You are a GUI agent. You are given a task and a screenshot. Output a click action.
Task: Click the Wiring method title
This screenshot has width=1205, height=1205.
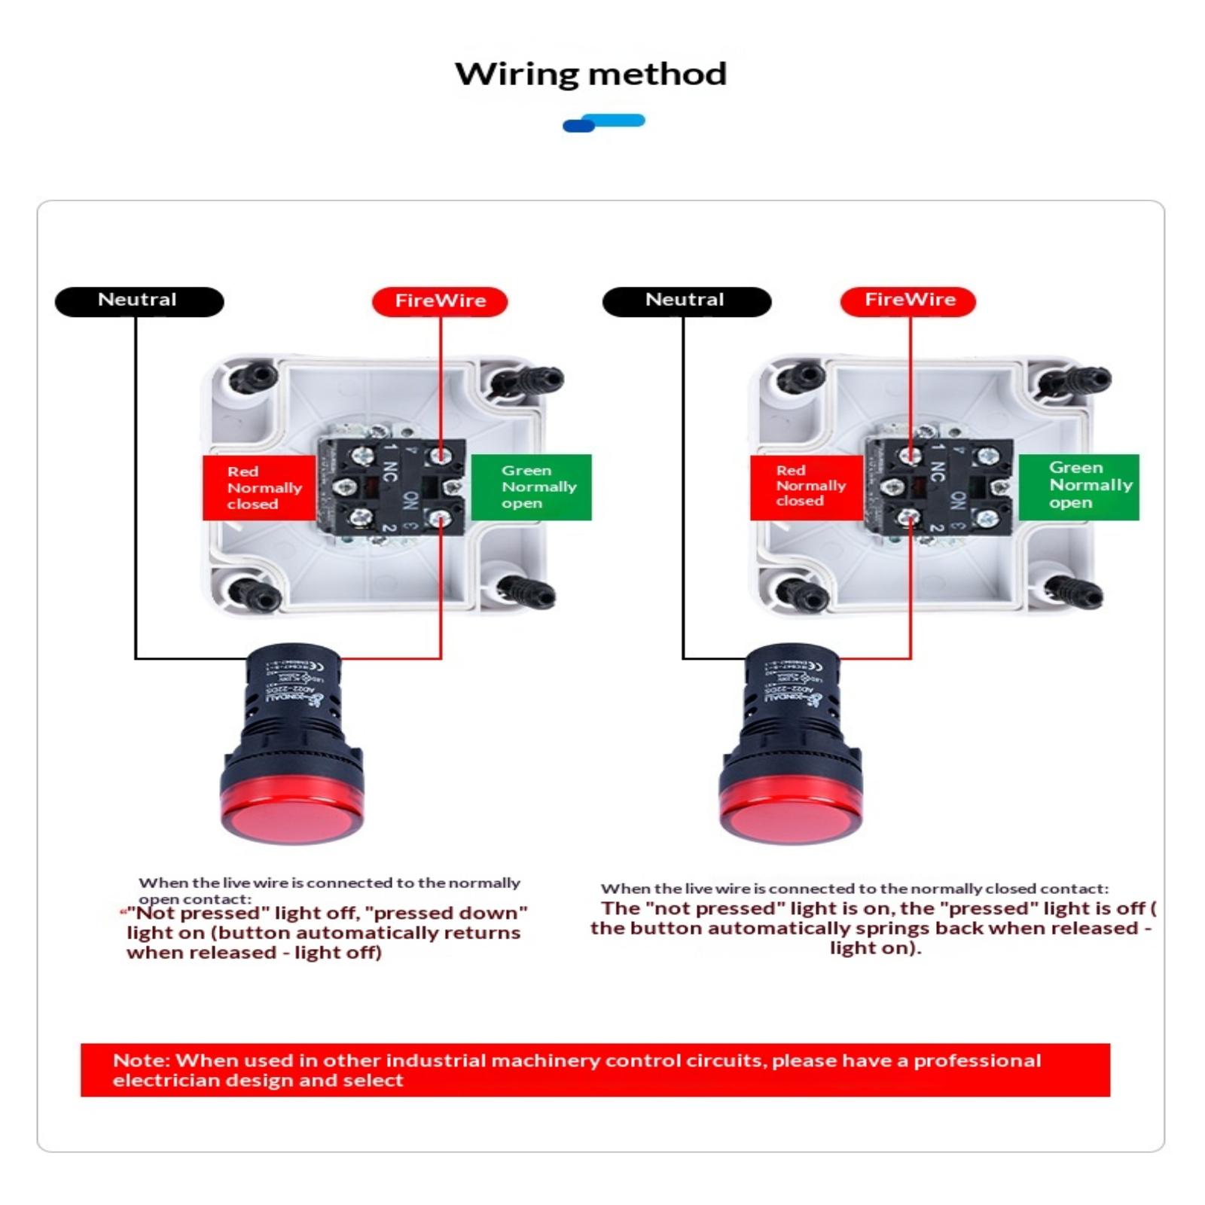point(590,74)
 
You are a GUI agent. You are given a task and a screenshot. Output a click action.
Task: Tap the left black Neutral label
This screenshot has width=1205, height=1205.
point(139,300)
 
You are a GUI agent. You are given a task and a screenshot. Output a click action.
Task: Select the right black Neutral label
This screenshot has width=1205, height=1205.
point(686,300)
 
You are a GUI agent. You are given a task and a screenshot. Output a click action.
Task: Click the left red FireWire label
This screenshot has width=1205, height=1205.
point(440,301)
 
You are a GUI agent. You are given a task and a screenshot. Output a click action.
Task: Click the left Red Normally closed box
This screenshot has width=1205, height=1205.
point(258,487)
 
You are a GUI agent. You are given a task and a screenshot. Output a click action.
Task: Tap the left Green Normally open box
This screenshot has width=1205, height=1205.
point(531,487)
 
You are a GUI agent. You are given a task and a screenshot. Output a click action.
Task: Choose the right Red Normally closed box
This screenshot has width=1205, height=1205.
point(806,487)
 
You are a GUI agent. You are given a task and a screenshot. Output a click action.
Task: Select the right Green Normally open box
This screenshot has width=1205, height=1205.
point(1078,487)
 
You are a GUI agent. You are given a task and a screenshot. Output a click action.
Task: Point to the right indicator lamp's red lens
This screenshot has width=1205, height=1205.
point(791,818)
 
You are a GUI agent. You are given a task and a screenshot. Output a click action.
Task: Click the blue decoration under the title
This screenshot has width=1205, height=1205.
point(603,123)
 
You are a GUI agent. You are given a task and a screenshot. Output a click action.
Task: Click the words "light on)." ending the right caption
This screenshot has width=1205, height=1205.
point(875,948)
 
